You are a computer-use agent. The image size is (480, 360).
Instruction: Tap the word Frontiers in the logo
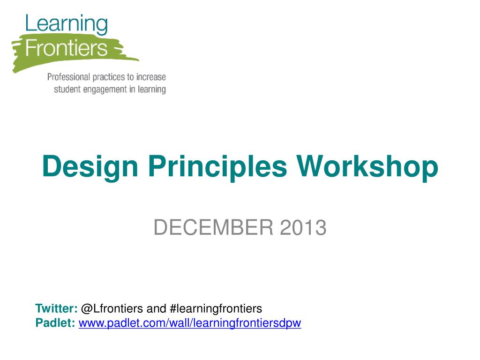pos(67,48)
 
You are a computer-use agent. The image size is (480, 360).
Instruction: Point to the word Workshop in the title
pos(368,166)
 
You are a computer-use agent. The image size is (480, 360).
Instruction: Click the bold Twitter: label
pos(56,308)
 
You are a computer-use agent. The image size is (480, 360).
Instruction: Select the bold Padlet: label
pos(55,323)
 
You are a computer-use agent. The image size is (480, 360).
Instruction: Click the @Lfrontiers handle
pos(112,308)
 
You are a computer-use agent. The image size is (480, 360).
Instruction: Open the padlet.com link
pos(189,323)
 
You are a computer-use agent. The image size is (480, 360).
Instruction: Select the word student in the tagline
pos(67,89)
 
